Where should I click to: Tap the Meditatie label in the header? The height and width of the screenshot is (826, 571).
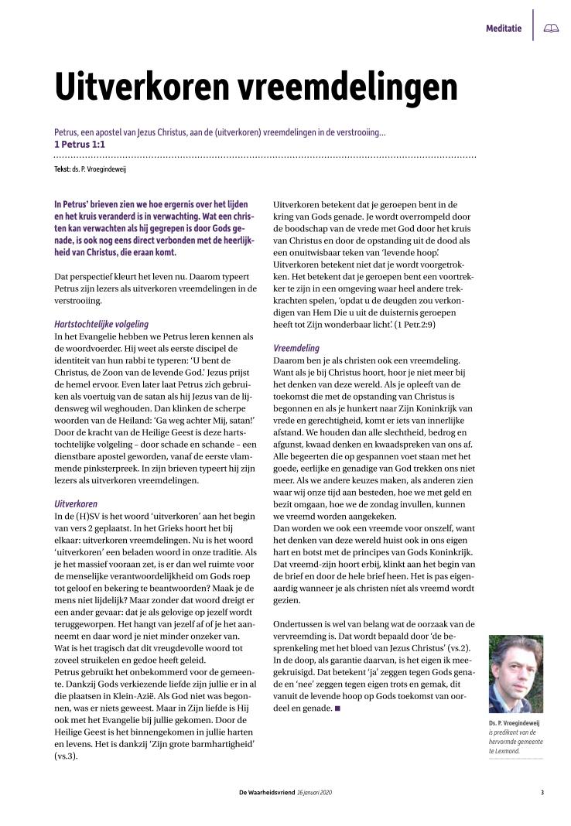(x=503, y=29)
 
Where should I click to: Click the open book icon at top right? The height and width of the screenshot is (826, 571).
(x=551, y=29)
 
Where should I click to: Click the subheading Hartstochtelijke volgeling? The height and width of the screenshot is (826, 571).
(x=101, y=324)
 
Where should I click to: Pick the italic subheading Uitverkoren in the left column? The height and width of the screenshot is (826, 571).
(x=75, y=503)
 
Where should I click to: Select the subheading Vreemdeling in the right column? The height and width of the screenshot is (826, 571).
(x=296, y=348)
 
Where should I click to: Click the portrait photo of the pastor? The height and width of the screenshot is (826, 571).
(x=515, y=674)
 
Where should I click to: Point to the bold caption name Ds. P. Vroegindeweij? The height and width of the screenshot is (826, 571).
(x=514, y=723)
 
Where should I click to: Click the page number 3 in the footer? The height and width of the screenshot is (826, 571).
(x=542, y=792)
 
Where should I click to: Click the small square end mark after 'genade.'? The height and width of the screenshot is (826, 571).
(x=337, y=708)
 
